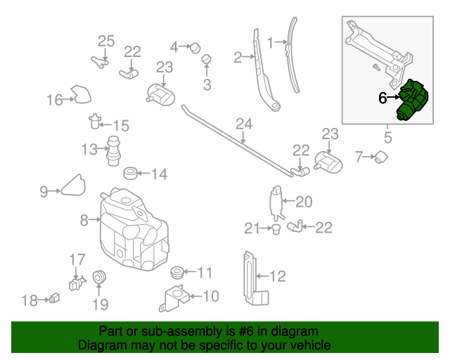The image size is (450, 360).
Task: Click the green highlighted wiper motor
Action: (x=413, y=101)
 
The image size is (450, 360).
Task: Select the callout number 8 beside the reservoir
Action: (x=84, y=220)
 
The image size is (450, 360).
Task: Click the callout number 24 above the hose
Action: (x=243, y=124)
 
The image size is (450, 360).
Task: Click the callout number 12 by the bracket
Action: (x=278, y=276)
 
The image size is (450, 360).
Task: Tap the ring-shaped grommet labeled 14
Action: (x=130, y=173)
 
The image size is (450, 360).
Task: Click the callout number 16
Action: (x=55, y=100)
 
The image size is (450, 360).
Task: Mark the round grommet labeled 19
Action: (x=99, y=278)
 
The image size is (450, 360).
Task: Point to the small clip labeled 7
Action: (x=383, y=157)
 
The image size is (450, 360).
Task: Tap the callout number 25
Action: (x=105, y=41)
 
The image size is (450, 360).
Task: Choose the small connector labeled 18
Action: (x=55, y=300)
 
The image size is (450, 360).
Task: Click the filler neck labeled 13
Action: (x=110, y=150)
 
